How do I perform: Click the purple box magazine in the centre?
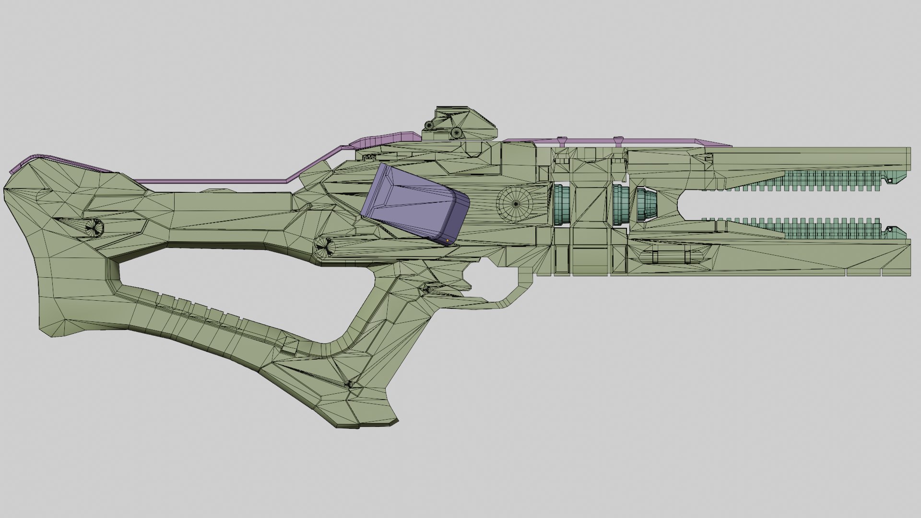point(415,204)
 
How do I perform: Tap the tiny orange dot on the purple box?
point(448,239)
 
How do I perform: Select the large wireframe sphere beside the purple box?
point(515,204)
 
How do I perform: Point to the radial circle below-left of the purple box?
point(327,247)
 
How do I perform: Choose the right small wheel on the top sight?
point(455,132)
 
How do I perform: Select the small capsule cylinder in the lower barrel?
point(672,257)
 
